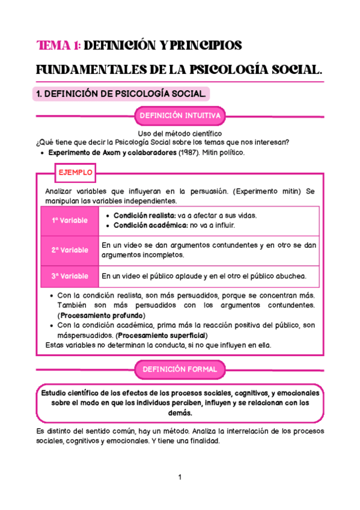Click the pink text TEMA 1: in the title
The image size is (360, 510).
point(58,46)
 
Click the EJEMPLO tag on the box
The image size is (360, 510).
point(75,173)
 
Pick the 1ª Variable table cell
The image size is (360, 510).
point(69,220)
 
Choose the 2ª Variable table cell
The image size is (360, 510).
point(69,250)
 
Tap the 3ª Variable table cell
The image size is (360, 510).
point(69,276)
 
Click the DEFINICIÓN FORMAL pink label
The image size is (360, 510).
point(180,369)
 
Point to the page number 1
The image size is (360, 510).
point(180,478)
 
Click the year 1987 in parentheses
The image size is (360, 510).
point(191,153)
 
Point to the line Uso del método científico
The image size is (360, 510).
point(180,133)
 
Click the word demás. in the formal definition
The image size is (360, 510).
point(180,413)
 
